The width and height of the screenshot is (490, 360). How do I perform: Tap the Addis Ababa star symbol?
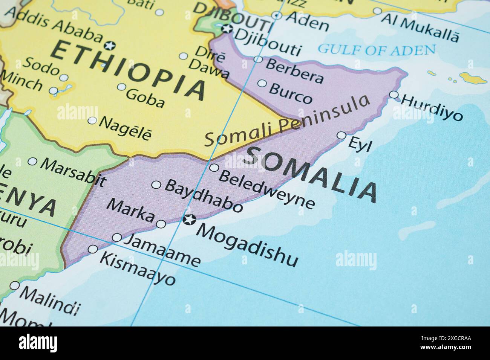tap(110, 46)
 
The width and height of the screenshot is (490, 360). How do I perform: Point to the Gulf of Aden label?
tap(377, 49)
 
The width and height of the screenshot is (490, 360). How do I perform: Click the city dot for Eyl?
tap(341, 136)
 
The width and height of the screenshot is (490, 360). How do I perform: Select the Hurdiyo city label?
tap(432, 107)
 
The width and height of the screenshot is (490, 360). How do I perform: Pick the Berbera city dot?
tap(258, 59)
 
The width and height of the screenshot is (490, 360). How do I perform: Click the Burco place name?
tap(291, 93)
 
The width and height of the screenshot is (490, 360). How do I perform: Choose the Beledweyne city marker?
tap(214, 168)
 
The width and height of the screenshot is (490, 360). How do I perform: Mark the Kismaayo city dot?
tap(93, 249)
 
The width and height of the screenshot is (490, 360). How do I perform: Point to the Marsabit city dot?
tap(32, 162)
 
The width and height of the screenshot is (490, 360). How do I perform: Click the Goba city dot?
tap(121, 87)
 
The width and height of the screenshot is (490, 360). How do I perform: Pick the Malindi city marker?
tap(15, 285)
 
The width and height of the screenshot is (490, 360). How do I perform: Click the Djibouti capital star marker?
tap(227, 29)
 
